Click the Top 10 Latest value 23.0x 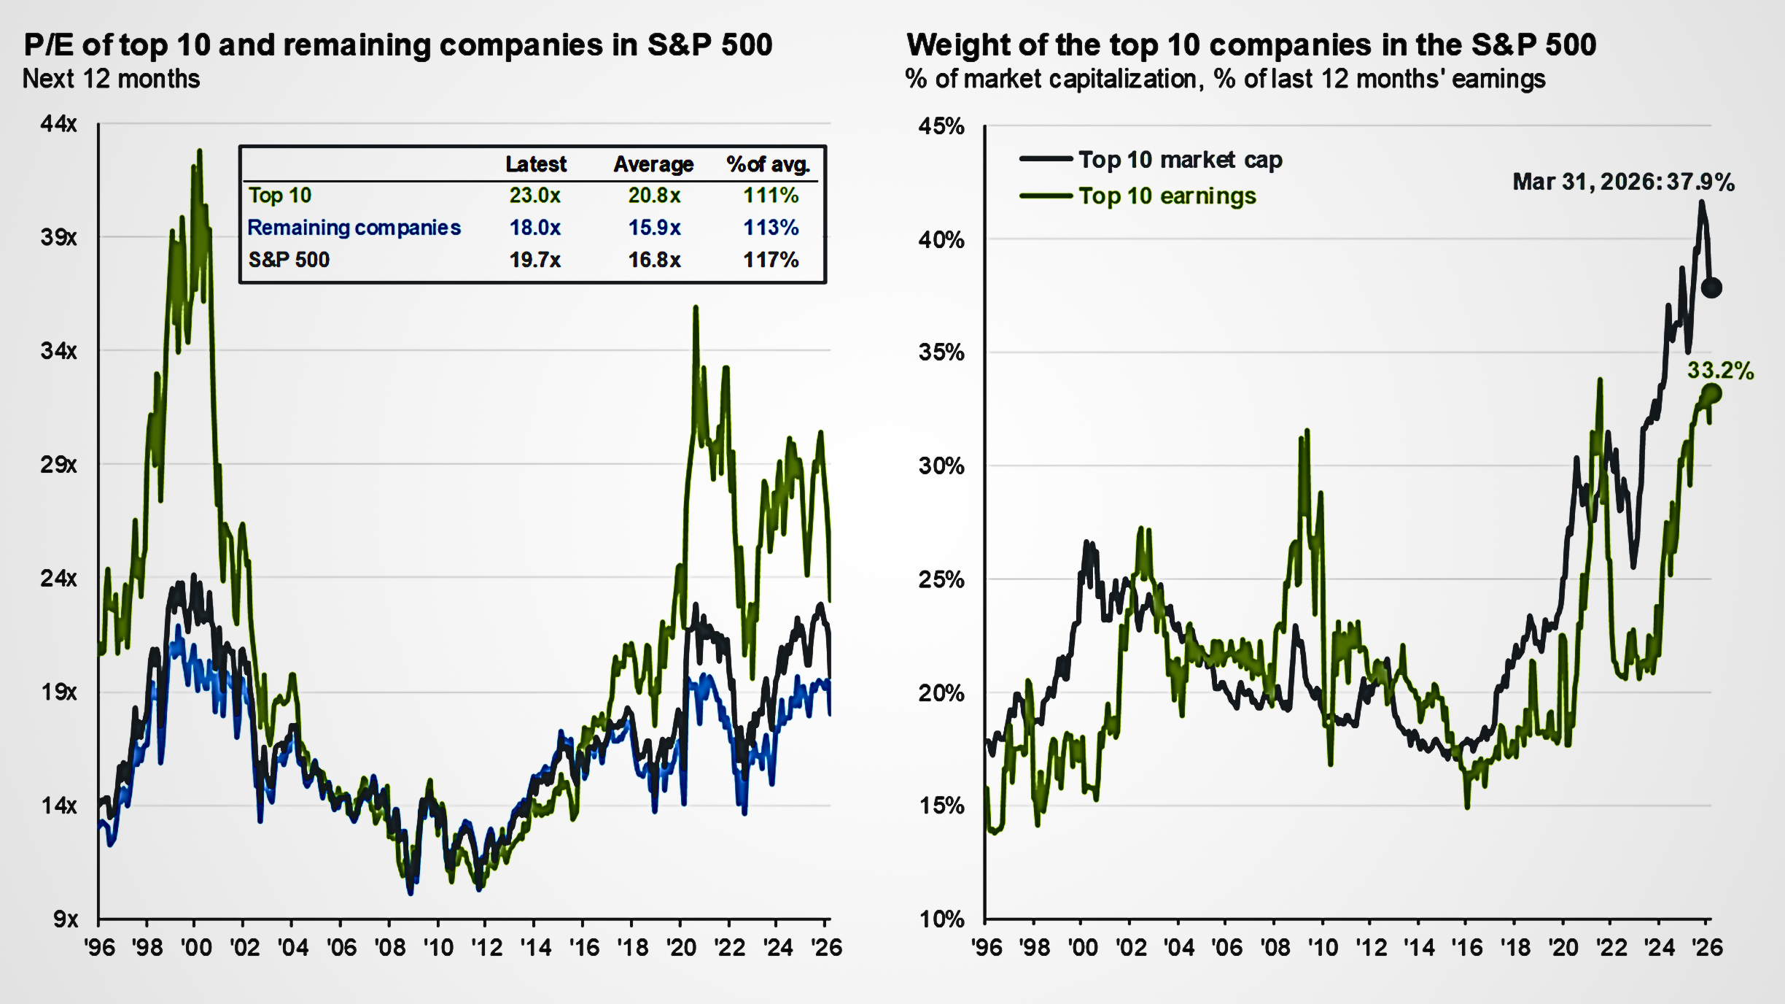coord(534,196)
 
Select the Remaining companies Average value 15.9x coord(654,228)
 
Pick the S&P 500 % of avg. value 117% coord(770,260)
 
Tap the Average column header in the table coord(653,164)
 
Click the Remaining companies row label coord(354,228)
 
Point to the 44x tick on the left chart coord(58,124)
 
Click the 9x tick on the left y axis coord(66,919)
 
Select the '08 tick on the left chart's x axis coord(390,948)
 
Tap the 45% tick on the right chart coord(941,126)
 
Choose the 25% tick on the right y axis coord(941,580)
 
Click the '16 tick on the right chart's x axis coord(1467,948)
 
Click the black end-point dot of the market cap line coord(1711,287)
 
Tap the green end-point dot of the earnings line coord(1711,394)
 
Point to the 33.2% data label coord(1720,371)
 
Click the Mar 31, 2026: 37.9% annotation coord(1623,182)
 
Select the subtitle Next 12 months coord(111,79)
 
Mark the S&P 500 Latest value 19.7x coord(534,260)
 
